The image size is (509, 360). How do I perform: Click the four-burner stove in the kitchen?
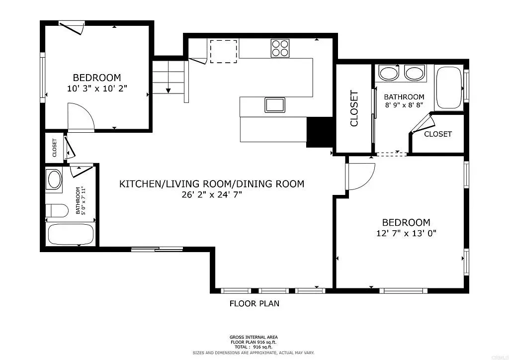coord(280,48)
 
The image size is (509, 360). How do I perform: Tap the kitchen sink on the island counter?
coord(274,105)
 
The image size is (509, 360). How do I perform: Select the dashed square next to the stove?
coord(223,51)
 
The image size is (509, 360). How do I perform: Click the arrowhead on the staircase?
coord(169,90)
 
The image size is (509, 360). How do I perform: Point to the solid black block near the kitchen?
coord(320,132)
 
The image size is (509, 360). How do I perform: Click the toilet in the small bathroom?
coord(57,210)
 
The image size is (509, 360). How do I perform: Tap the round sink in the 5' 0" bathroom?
coord(54,179)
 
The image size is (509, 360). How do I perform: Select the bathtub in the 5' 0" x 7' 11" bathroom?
coord(71,234)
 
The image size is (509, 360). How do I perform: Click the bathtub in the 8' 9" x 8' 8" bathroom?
coord(449,88)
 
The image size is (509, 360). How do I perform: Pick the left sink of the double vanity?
coord(389,74)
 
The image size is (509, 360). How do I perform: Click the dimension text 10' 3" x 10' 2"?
coord(97,89)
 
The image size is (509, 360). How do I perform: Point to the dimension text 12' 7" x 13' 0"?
coord(406,233)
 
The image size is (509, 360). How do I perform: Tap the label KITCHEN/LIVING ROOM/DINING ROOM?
coord(212,184)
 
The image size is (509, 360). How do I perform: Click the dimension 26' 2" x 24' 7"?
coord(212,195)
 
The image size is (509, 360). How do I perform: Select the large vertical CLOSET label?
coord(354,108)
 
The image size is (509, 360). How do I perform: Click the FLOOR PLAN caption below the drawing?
coord(254,303)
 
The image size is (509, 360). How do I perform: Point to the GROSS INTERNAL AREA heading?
coord(254,337)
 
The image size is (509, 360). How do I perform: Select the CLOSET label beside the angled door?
coord(438,134)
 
